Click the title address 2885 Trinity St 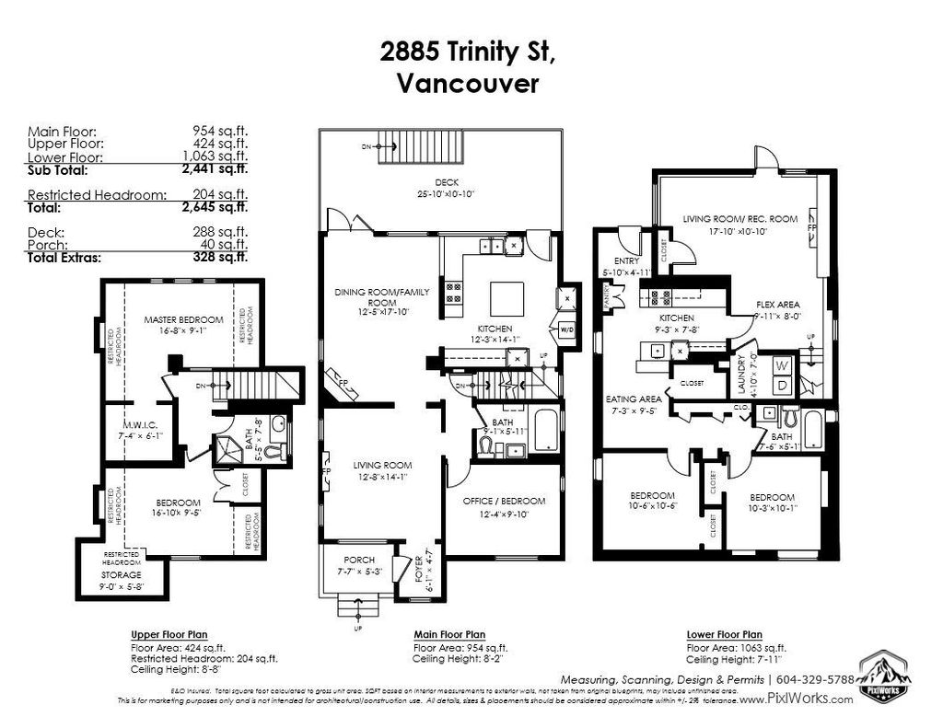pyautogui.click(x=468, y=52)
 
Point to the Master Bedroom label pyautogui.click(x=183, y=320)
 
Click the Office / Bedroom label pyautogui.click(x=504, y=501)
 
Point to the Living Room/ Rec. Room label pyautogui.click(x=739, y=219)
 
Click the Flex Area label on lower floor pyautogui.click(x=778, y=304)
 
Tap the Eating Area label pyautogui.click(x=633, y=399)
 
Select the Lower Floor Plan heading pyautogui.click(x=724, y=635)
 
